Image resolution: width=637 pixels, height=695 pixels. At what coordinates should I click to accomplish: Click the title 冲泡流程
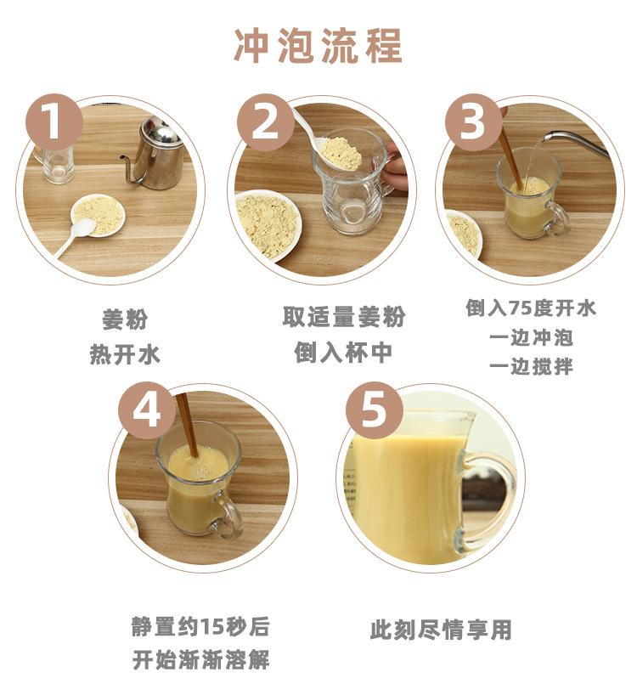pos(318,45)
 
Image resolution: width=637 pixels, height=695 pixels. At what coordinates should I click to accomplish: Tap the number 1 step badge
pos(54,121)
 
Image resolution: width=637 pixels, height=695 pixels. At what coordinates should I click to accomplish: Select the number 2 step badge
pos(265,121)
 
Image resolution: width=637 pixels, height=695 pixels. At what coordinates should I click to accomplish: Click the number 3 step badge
pos(474,121)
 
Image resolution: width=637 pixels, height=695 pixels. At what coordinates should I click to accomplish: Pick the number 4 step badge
pos(147,410)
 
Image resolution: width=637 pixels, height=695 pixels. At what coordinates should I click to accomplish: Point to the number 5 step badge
pos(374,410)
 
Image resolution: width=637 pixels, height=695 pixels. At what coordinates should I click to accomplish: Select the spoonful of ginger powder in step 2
pos(341,153)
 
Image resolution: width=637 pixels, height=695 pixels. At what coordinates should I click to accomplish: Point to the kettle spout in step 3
pos(576,141)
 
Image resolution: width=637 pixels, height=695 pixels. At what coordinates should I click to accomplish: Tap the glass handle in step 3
pos(558,218)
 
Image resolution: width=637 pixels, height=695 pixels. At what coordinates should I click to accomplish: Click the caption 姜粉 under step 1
pos(125,319)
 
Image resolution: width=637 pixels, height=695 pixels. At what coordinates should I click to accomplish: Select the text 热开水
pos(125,354)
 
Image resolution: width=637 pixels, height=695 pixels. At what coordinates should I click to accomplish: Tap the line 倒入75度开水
pos(531,308)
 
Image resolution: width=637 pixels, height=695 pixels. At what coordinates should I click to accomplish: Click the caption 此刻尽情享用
pos(441,630)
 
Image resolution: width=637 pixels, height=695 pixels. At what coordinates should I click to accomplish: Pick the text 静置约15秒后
pos(200,627)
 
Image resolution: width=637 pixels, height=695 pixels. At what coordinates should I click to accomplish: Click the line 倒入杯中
pos(343,353)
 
